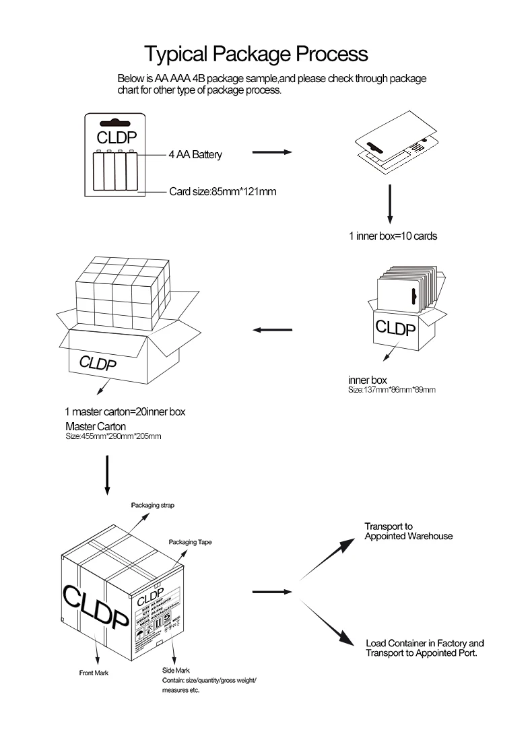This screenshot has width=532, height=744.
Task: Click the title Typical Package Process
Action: tap(257, 53)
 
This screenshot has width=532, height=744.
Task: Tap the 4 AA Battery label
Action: tap(195, 155)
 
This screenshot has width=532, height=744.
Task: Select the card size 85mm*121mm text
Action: tap(222, 192)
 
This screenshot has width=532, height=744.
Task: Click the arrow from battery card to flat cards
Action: tap(271, 153)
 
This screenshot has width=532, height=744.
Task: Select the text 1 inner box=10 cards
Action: tap(393, 236)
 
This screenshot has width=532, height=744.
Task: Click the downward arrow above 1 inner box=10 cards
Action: tap(389, 205)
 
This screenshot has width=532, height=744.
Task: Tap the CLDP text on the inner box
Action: tap(397, 328)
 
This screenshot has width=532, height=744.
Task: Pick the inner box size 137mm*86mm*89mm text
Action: tap(391, 390)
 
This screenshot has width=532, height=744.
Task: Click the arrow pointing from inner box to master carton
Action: tap(272, 330)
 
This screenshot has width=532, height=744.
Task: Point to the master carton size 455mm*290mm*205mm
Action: tap(113, 436)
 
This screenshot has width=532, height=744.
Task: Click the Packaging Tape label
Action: tap(191, 541)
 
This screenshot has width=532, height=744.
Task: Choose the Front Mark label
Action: tap(94, 673)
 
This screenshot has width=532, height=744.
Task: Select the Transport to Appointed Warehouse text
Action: tap(408, 531)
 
